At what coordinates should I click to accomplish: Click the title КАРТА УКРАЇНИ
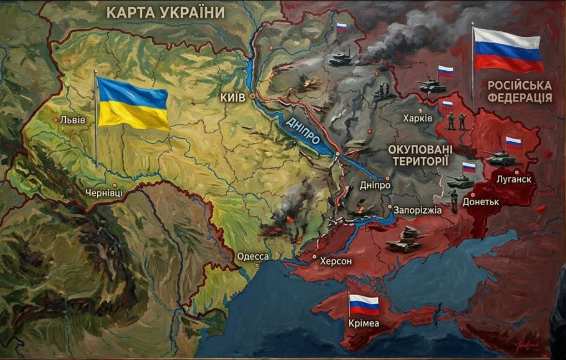pyautogui.click(x=165, y=12)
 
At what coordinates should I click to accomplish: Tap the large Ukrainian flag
pyautogui.click(x=133, y=104)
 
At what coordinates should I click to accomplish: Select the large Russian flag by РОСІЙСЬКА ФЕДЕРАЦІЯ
pyautogui.click(x=507, y=49)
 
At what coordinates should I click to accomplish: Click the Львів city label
pyautogui.click(x=73, y=120)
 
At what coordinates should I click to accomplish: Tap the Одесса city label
pyautogui.click(x=253, y=256)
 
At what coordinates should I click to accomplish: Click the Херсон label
pyautogui.click(x=336, y=261)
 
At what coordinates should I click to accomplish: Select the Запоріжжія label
pyautogui.click(x=418, y=210)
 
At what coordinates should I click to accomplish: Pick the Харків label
pyautogui.click(x=417, y=119)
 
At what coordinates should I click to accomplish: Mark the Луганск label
pyautogui.click(x=514, y=180)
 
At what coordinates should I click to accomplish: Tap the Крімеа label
pyautogui.click(x=364, y=322)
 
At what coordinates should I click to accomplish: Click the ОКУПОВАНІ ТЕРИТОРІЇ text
pyautogui.click(x=420, y=155)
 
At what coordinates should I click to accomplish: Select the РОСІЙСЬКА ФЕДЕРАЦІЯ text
pyautogui.click(x=520, y=91)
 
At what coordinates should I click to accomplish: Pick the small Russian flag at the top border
pyautogui.click(x=342, y=28)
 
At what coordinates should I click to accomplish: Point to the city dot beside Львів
pyautogui.click(x=56, y=120)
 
